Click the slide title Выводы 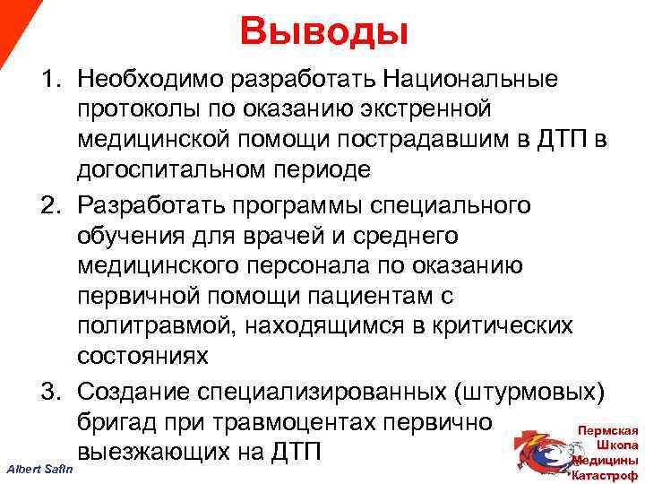(x=323, y=33)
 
